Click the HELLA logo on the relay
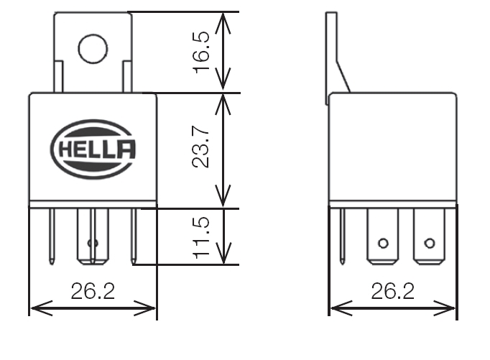(x=93, y=149)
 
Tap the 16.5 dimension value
(x=202, y=52)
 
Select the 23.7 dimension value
(x=200, y=147)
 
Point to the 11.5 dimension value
(x=202, y=238)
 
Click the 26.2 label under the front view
(x=93, y=291)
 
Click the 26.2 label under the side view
(x=393, y=291)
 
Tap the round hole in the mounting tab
(x=93, y=49)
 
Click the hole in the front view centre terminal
(x=93, y=243)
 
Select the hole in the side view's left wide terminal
(x=383, y=243)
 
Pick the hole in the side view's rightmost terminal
(x=430, y=243)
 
